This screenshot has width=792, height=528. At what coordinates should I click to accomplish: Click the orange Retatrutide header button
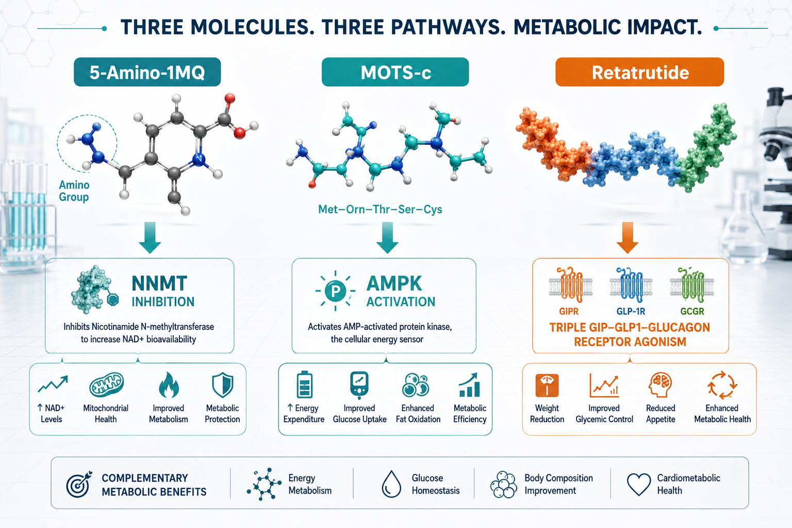[x=639, y=72]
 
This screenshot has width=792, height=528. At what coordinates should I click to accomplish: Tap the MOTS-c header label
[x=395, y=72]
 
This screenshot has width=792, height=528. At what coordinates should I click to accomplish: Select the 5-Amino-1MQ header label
[x=147, y=72]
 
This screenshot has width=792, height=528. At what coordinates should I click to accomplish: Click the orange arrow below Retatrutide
[x=627, y=238]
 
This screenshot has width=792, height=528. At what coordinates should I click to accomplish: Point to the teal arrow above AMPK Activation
[x=387, y=238]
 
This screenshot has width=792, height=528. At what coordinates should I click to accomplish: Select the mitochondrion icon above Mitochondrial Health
[x=106, y=385]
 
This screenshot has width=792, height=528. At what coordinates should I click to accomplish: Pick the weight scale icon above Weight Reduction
[x=547, y=385]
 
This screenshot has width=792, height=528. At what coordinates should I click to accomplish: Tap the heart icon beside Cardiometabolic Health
[x=638, y=484]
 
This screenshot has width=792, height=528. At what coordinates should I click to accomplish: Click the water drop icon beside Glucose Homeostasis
[x=391, y=484]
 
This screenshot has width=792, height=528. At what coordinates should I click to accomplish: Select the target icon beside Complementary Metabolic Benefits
[x=78, y=484]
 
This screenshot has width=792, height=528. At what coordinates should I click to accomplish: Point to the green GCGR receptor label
[x=692, y=311]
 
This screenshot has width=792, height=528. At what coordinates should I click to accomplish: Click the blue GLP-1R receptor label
[x=631, y=311]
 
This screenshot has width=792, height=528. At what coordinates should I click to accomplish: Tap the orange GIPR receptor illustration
[x=570, y=285]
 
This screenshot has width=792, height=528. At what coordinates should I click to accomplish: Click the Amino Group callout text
[x=74, y=191]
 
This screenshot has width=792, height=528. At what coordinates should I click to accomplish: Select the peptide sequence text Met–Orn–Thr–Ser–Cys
[x=380, y=209]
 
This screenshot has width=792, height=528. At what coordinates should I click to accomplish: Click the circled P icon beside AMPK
[x=335, y=291]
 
